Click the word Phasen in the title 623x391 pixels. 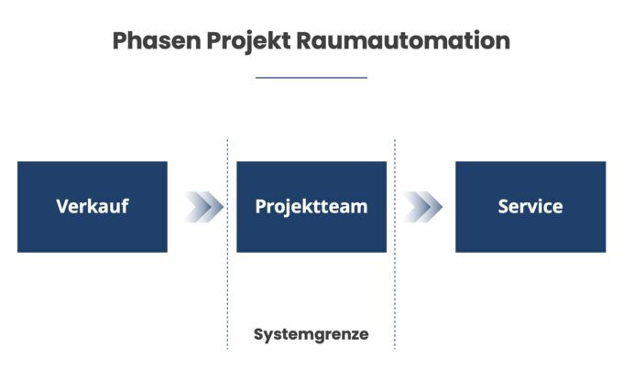coord(156,41)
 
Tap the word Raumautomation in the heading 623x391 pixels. coord(403,41)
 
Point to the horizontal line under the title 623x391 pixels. coord(311,78)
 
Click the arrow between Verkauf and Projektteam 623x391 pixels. coord(202,206)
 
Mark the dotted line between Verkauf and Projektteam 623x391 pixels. coord(227,275)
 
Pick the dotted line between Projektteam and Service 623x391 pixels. coord(395,275)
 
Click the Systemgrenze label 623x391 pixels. coord(311,334)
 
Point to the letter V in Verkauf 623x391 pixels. coord(61,206)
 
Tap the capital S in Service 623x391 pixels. coord(504,206)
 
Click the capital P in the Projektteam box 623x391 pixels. coord(260,206)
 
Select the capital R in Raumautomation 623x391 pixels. coord(306,41)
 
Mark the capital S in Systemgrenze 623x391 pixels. coord(258,334)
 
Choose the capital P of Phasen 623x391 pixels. coord(120,41)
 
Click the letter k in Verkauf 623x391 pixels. coord(93,206)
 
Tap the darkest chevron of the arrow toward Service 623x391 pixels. coord(433,206)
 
